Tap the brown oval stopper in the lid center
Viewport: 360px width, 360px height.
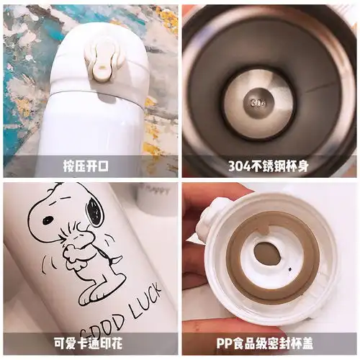268,253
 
